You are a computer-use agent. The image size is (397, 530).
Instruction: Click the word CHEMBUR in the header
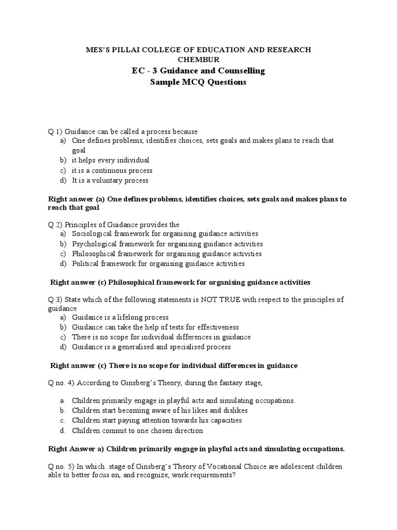(198, 60)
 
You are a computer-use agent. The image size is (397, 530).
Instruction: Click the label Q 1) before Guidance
(55, 131)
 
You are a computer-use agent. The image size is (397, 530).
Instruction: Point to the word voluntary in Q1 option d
(113, 180)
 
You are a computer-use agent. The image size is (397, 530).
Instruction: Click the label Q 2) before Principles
(55, 225)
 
